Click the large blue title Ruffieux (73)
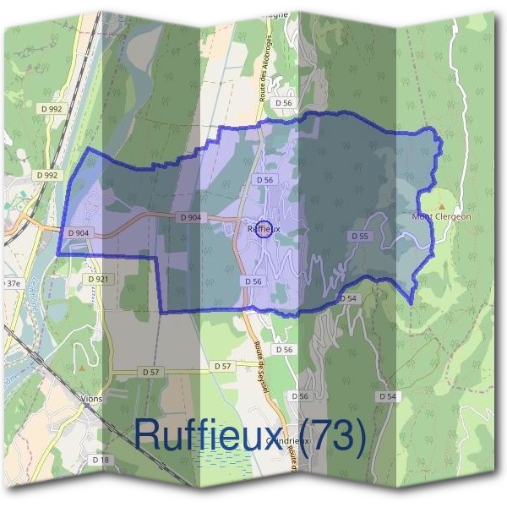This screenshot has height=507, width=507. [250, 435]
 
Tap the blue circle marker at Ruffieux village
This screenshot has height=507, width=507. [264, 229]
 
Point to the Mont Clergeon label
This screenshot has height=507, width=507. [441, 216]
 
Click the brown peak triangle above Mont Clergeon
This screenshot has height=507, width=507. [441, 205]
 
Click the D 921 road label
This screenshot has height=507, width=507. [98, 278]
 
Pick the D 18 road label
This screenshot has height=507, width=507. [100, 460]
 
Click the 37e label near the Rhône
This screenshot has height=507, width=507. [11, 282]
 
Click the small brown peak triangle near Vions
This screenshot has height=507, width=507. [80, 368]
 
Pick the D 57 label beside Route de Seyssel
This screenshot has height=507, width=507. [223, 365]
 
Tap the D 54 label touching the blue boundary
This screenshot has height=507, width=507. [347, 299]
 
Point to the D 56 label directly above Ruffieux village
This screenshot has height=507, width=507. [264, 180]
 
